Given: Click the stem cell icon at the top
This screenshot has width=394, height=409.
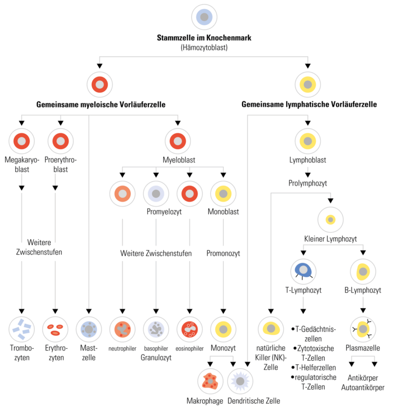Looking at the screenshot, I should point(204,17).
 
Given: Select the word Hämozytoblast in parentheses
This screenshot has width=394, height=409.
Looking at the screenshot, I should point(204,47).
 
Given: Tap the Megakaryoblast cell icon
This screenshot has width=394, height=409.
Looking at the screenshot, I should point(22,141).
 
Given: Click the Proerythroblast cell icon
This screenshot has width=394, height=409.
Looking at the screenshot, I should point(61,141).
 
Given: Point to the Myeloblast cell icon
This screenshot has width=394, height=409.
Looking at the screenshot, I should point(178,141).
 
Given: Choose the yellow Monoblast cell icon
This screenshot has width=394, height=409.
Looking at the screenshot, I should point(223,193).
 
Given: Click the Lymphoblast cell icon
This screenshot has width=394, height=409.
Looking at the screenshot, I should point(308,141).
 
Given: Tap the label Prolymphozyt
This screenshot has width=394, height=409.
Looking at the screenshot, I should point(308,182).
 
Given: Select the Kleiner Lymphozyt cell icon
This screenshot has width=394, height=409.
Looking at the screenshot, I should point(331,220).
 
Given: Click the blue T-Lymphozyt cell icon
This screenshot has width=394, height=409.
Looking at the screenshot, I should point(303,271).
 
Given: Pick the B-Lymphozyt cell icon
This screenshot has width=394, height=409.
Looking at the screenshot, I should point(363,271).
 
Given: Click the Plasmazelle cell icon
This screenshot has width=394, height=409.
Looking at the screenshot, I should point(363,329).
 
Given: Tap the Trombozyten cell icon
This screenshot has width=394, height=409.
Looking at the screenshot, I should point(22,329).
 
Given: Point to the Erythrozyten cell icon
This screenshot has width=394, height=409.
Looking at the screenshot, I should point(55,329).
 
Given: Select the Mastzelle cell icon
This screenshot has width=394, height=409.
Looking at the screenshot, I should point(89,329).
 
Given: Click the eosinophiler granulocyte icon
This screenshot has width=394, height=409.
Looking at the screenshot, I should point(189,329).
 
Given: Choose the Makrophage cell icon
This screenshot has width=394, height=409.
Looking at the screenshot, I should point(210,381).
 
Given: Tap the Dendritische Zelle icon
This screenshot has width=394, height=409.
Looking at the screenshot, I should point(241,381).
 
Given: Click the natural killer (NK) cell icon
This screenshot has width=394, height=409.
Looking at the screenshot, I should point(270,329).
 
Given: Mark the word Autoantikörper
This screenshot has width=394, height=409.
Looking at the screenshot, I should point(363,387).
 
